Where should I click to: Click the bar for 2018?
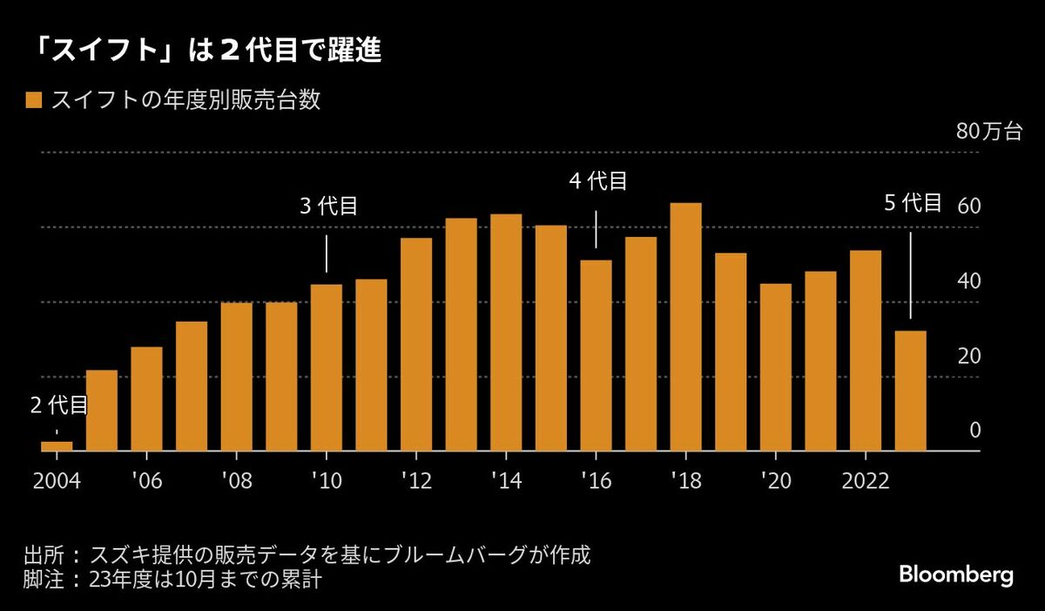pyautogui.click(x=686, y=327)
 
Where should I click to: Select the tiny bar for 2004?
pyautogui.click(x=57, y=446)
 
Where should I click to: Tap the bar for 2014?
pyautogui.click(x=506, y=332)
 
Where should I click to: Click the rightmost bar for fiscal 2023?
pyautogui.click(x=911, y=390)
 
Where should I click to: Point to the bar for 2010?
pyautogui.click(x=327, y=367)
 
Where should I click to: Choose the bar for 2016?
pyautogui.click(x=597, y=355)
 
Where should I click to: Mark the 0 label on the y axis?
pyautogui.click(x=975, y=431)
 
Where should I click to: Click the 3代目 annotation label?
pyautogui.click(x=328, y=207)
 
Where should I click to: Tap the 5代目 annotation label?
pyautogui.click(x=913, y=203)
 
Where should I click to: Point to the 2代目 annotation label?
pyautogui.click(x=58, y=404)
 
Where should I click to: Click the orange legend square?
pyautogui.click(x=34, y=100)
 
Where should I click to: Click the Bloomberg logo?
pyautogui.click(x=955, y=576)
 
